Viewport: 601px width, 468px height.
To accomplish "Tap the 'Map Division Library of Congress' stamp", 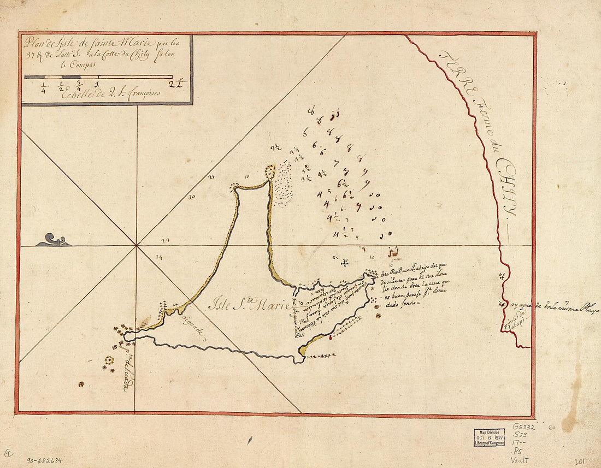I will click(489, 437).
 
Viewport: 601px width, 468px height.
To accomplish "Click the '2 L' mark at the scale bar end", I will click(178, 84).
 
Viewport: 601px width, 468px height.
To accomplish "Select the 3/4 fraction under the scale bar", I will click(79, 85).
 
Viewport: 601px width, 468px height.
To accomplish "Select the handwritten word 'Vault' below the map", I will click(522, 460).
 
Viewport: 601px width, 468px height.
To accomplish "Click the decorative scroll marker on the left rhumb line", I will click(52, 240).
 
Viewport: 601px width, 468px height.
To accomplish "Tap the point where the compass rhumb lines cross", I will click(135, 246).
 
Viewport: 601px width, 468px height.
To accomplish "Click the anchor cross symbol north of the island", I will click(345, 264).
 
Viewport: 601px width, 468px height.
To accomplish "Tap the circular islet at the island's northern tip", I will click(270, 171).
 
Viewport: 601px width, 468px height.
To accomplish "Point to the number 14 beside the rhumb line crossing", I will click(159, 256).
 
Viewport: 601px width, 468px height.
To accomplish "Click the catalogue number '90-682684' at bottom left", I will click(44, 460).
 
